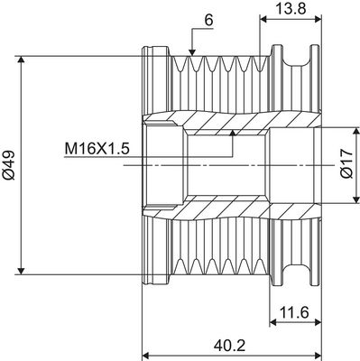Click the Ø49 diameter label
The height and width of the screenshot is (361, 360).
(9, 165)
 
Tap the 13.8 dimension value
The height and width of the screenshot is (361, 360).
(291, 8)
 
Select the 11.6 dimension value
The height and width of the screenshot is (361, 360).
(294, 313)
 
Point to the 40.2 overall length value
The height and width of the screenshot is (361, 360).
(229, 346)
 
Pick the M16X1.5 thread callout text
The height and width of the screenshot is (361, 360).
(97, 149)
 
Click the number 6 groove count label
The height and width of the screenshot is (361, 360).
(208, 21)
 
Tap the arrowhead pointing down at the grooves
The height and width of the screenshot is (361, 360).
(192, 52)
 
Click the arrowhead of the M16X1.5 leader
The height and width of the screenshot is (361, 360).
(232, 134)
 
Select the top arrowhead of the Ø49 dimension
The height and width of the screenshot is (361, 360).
(21, 60)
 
